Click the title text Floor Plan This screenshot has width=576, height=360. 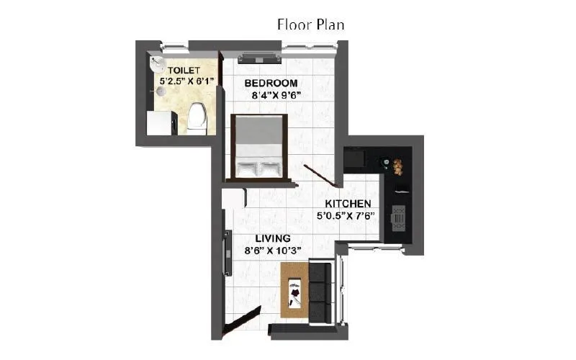[311, 24]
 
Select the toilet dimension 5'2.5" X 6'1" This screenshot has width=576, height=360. [188, 83]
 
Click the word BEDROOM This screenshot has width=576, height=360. [271, 84]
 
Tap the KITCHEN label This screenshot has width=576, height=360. [348, 204]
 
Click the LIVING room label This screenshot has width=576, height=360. [272, 238]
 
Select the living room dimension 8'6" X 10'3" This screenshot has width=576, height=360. [272, 251]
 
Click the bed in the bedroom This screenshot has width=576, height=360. [258, 147]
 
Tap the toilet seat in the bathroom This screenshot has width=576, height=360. [197, 118]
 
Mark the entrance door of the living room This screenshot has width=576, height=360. [240, 320]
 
